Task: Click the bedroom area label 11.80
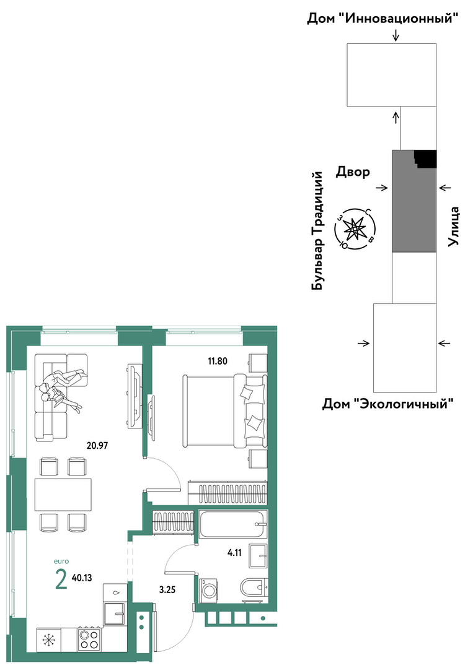(218, 362)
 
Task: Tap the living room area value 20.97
(98, 446)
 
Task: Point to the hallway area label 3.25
(167, 590)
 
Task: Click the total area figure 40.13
(82, 578)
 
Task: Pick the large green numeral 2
(61, 579)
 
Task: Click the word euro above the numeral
(61, 562)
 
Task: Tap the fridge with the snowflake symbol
(48, 640)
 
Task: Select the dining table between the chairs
(63, 494)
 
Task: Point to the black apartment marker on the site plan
(426, 158)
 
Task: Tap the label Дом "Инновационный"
(383, 19)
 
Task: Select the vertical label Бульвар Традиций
(317, 231)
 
